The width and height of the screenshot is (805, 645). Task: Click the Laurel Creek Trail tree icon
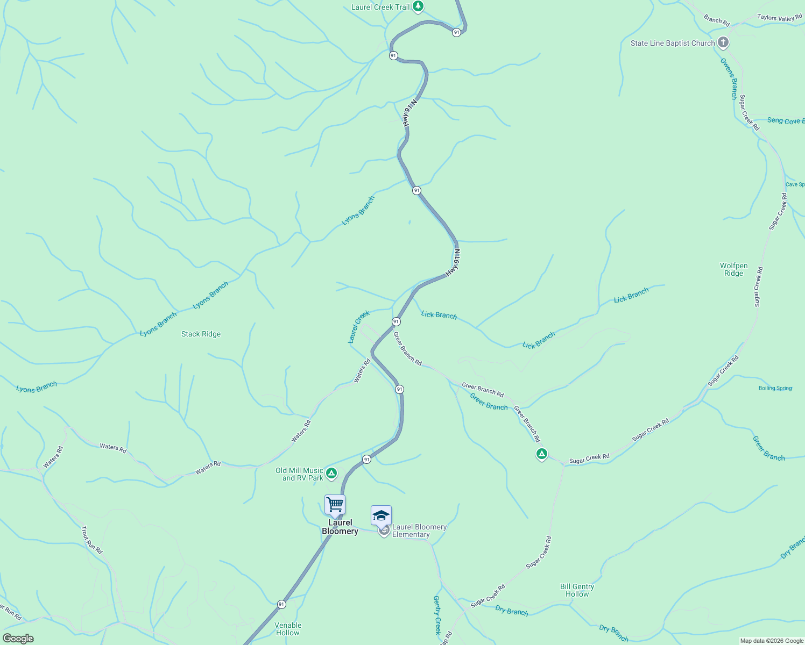(418, 7)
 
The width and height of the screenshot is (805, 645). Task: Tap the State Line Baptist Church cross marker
(723, 42)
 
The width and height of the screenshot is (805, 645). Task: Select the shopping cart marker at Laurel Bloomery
(335, 505)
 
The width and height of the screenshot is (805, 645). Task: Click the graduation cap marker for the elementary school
(381, 515)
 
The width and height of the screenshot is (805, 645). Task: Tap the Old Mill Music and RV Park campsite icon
(332, 474)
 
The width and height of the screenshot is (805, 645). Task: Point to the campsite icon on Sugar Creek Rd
(542, 454)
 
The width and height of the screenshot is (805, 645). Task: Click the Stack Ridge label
(201, 334)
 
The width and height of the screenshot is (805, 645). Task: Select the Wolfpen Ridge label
(733, 269)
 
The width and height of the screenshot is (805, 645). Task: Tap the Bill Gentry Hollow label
(577, 590)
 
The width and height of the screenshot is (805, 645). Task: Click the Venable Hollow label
(288, 629)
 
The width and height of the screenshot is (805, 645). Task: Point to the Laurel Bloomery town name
(340, 527)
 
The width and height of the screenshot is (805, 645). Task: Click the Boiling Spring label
(775, 388)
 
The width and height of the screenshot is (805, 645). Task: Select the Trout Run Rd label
(91, 540)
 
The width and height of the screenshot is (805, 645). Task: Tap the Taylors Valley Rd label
(779, 18)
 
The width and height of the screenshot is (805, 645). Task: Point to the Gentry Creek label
(437, 615)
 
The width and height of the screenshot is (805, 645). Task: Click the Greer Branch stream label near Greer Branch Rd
(489, 402)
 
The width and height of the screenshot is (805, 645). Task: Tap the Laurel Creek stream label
(359, 326)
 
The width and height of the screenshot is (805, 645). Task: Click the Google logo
(18, 639)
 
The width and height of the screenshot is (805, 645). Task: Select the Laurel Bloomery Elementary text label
(419, 531)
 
